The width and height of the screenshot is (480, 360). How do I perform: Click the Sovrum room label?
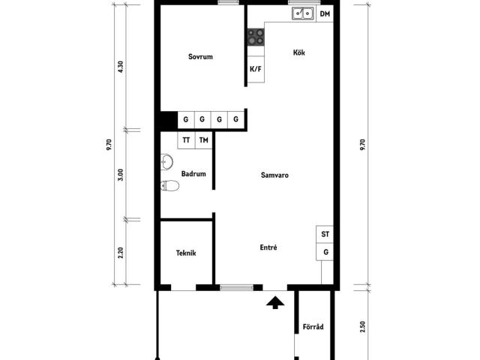[x=200, y=57]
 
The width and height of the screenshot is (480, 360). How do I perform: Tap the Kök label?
[x=299, y=52]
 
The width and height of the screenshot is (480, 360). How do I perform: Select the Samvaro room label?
[x=274, y=175]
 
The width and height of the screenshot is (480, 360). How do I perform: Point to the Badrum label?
[x=193, y=174]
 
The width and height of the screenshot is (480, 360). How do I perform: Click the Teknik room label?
[x=186, y=253]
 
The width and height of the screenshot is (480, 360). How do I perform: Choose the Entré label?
[x=268, y=247]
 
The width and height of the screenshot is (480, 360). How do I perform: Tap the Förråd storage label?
[x=313, y=327]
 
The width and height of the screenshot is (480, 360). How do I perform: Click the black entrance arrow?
[x=275, y=302]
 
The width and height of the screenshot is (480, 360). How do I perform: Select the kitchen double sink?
[x=303, y=13]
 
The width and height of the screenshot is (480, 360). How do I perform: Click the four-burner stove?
[x=256, y=37]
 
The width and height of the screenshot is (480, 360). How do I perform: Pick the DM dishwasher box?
[x=325, y=13]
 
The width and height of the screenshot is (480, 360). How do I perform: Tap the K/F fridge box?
[x=256, y=69]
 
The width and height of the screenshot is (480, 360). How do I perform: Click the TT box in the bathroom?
[x=186, y=140]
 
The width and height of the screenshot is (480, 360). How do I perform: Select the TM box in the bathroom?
[x=203, y=140]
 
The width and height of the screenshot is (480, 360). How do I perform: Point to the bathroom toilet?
[x=170, y=185]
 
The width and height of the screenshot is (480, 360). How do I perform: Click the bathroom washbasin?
[x=166, y=162]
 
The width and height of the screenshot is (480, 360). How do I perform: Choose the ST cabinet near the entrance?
[x=325, y=235]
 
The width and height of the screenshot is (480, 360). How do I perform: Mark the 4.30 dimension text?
[x=120, y=67]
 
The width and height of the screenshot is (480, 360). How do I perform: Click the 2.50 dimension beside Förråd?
[x=363, y=327]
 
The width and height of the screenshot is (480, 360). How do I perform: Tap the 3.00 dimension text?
[x=120, y=175]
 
